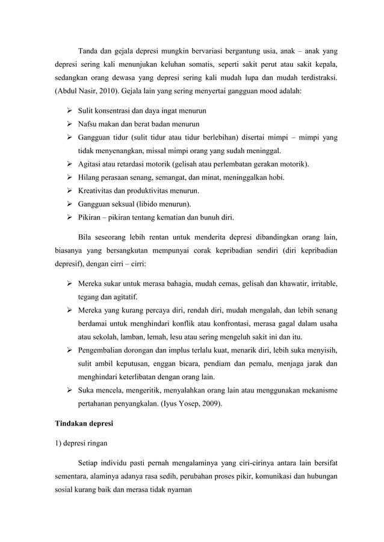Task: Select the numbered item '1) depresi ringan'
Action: point(81,445)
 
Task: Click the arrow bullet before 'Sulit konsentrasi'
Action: point(69,112)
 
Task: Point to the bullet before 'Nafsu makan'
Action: point(69,125)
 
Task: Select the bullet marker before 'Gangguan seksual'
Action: point(69,204)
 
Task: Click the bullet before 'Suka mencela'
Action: point(69,391)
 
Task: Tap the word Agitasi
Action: point(93,164)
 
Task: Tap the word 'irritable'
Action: point(322,283)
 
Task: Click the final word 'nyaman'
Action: point(178,490)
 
